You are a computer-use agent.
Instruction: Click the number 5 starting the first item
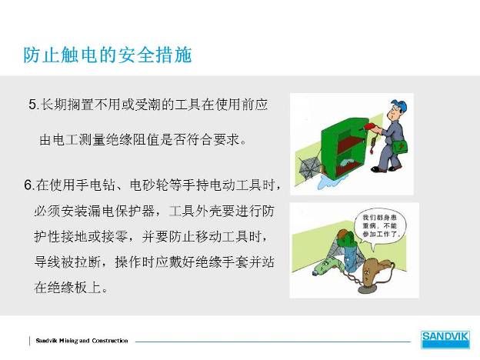(x=32, y=105)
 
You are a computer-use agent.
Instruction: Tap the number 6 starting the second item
(x=28, y=185)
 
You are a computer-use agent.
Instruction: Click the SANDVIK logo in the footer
(x=445, y=339)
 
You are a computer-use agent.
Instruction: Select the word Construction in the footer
(x=110, y=341)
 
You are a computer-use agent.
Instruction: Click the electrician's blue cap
(x=399, y=105)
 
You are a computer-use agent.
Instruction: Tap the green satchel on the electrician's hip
(x=399, y=148)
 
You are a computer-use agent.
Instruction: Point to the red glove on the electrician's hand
(x=371, y=126)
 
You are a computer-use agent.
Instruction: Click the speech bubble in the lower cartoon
(x=380, y=226)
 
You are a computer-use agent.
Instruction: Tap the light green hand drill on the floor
(x=326, y=267)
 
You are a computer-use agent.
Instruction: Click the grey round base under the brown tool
(x=370, y=289)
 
